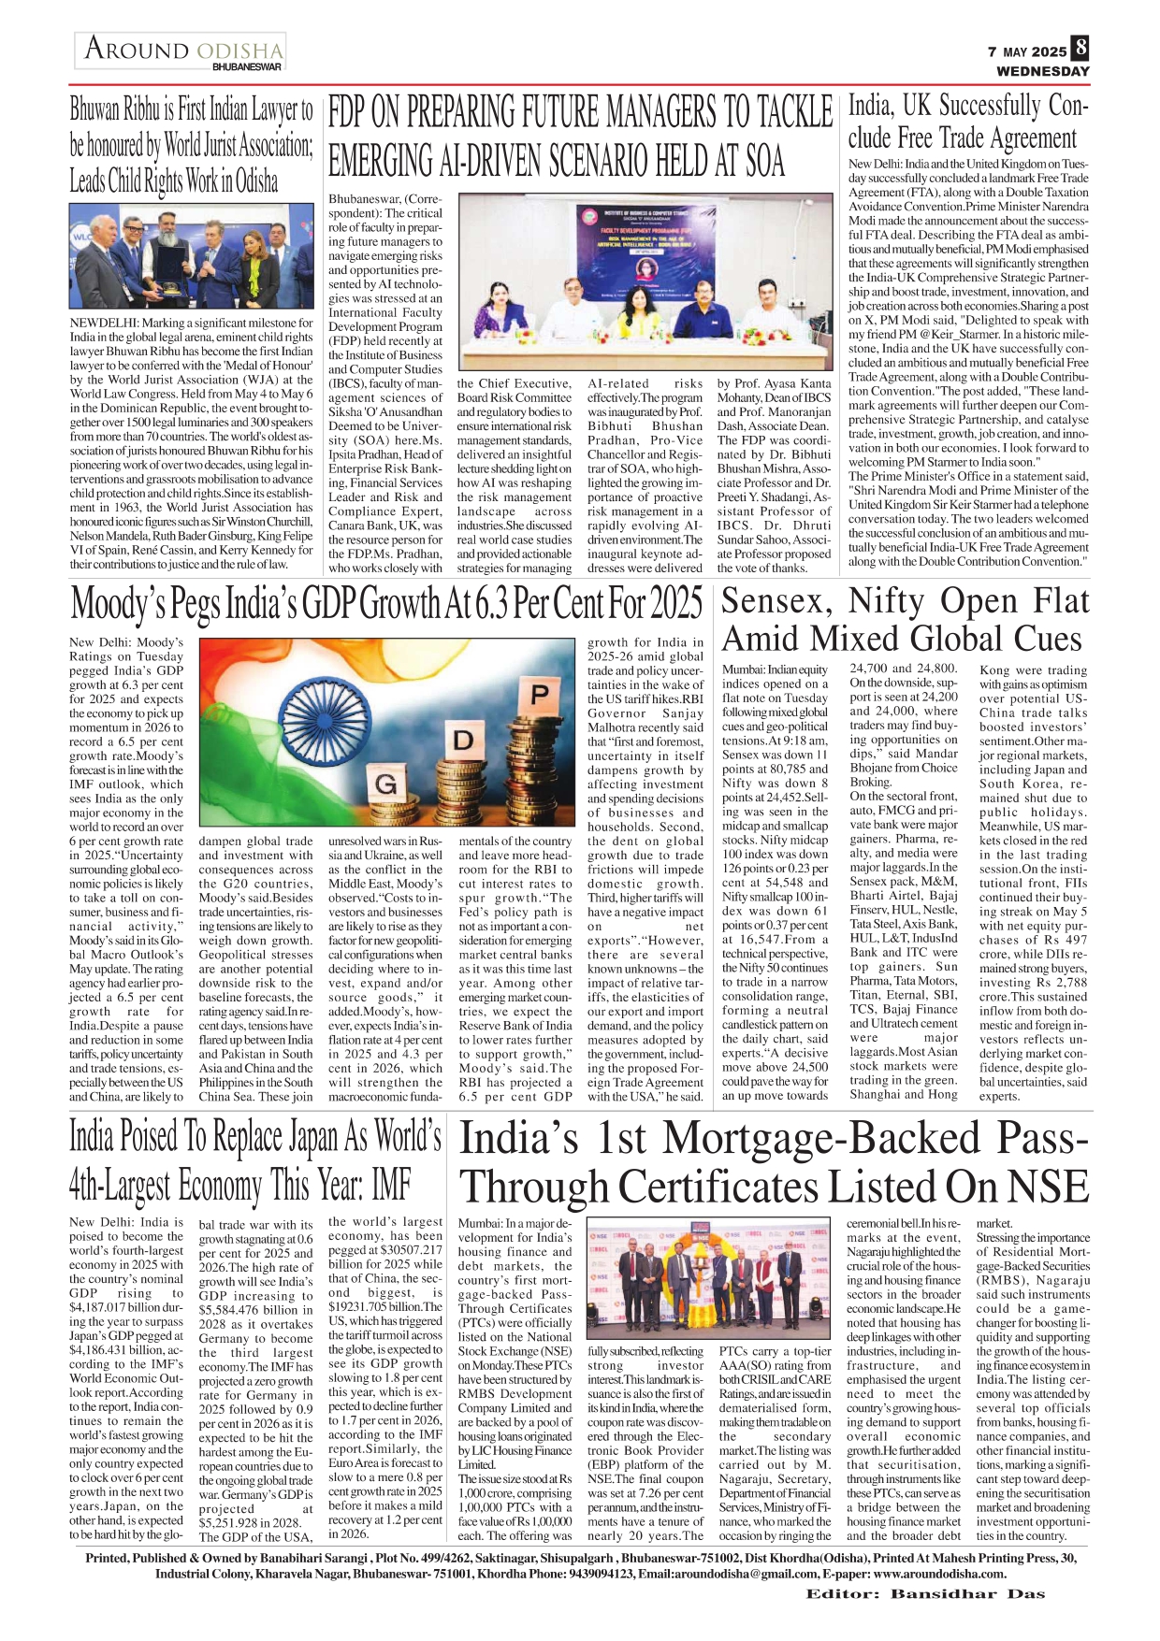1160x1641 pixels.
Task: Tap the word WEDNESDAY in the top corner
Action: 1042,71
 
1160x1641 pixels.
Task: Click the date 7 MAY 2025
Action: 1027,52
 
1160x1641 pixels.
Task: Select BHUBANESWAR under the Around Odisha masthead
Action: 247,67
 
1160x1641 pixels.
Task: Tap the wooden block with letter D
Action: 463,741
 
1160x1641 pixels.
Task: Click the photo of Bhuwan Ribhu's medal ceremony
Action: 191,255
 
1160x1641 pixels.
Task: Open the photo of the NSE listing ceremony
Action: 708,1278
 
